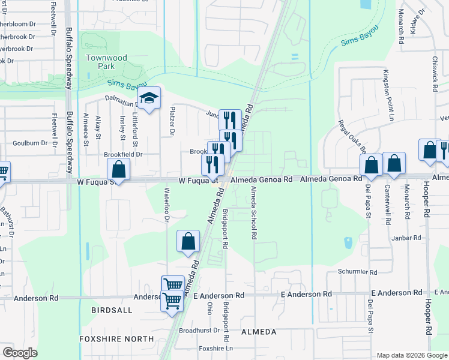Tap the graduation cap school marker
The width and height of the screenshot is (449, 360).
pos(149,99)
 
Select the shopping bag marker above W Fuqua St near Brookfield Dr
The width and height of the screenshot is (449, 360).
pos(119,170)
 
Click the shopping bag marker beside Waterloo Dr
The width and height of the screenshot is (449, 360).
pos(188,241)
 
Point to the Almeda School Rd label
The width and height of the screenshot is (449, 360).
pos(254,213)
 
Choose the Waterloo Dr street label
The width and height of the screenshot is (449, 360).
pos(167,206)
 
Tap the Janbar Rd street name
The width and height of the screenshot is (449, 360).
pos(408,238)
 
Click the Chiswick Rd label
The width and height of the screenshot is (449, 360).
pos(434,74)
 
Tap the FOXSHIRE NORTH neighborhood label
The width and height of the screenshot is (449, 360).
pos(117,339)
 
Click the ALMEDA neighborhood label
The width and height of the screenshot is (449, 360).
pos(258,332)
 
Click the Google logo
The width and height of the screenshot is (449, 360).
pos(20,353)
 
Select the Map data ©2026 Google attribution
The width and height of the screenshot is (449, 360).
pos(411,355)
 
